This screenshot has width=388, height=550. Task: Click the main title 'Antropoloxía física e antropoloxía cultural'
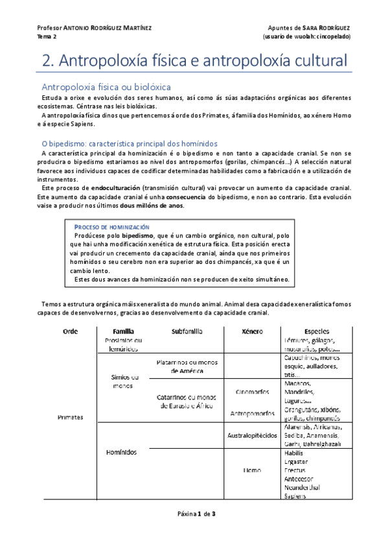(194, 62)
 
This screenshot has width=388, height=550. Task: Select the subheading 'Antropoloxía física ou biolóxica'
(106, 86)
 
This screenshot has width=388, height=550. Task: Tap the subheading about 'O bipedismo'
(130, 143)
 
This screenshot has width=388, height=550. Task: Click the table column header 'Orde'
(70, 331)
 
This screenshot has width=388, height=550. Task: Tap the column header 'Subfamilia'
(187, 331)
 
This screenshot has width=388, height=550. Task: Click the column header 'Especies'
(316, 331)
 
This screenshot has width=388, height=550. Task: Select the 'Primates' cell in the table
(70, 418)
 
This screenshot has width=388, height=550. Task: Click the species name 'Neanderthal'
(302, 487)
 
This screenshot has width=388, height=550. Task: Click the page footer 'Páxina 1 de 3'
(194, 514)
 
